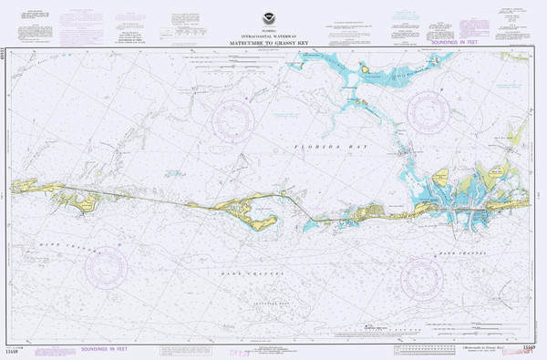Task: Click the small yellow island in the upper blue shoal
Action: click(364, 68)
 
